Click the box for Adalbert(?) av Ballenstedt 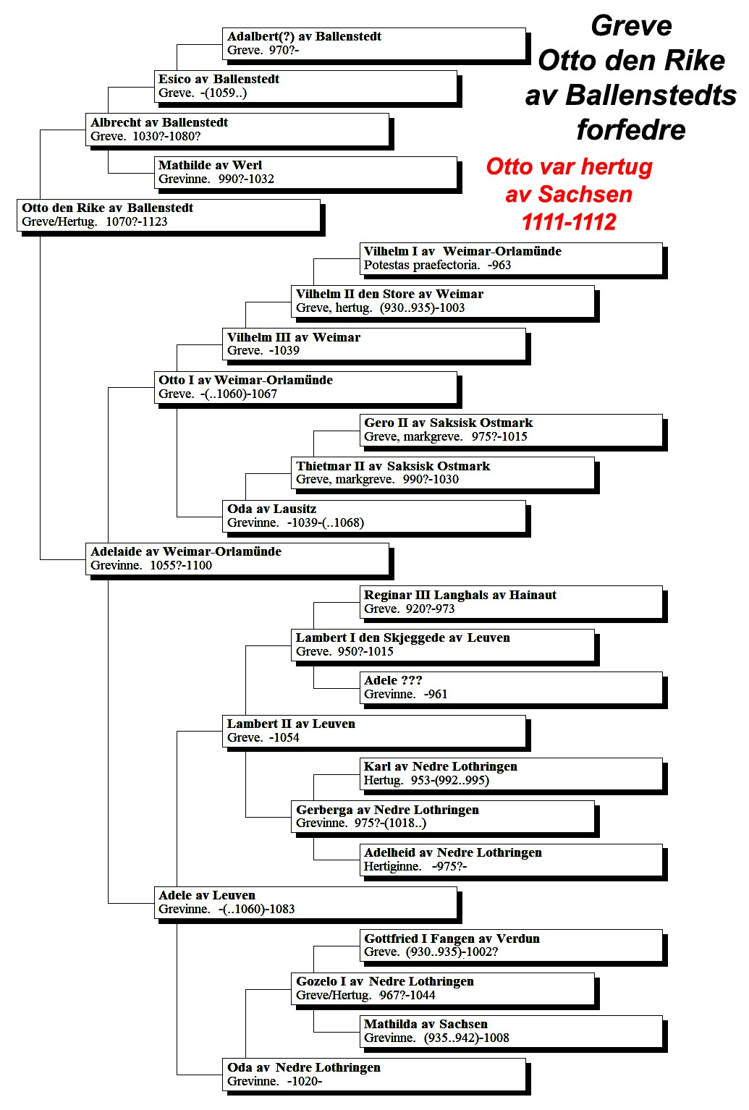pos(373,43)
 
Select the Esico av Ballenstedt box pos(305,87)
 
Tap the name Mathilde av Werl pos(210,165)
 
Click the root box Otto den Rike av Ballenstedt pos(169,215)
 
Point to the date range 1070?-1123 pos(137,222)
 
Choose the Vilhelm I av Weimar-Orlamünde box pos(511,258)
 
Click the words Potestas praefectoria pos(422,266)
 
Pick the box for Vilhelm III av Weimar pos(373,344)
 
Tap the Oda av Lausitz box pos(373,517)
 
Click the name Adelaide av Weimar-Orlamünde pos(186,551)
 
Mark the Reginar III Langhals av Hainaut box pos(511,603)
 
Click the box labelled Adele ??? pos(511,688)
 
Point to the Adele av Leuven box pos(305,903)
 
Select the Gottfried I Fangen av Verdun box pos(511,946)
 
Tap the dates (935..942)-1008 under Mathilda pos(467,1038)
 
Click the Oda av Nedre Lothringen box pos(373,1075)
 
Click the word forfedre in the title pos(631,130)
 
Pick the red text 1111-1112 pos(569,222)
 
